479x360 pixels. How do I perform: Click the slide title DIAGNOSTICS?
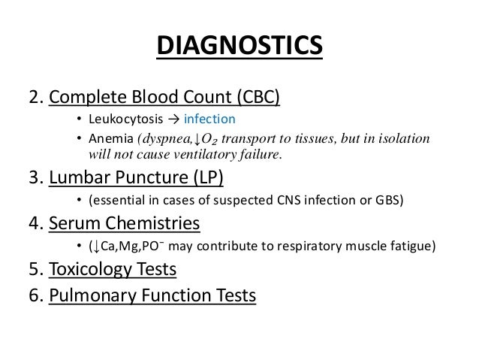pyautogui.click(x=239, y=46)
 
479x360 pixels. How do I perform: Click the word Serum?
pyautogui.click(x=76, y=224)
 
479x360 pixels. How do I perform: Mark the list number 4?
pyautogui.click(x=34, y=224)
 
